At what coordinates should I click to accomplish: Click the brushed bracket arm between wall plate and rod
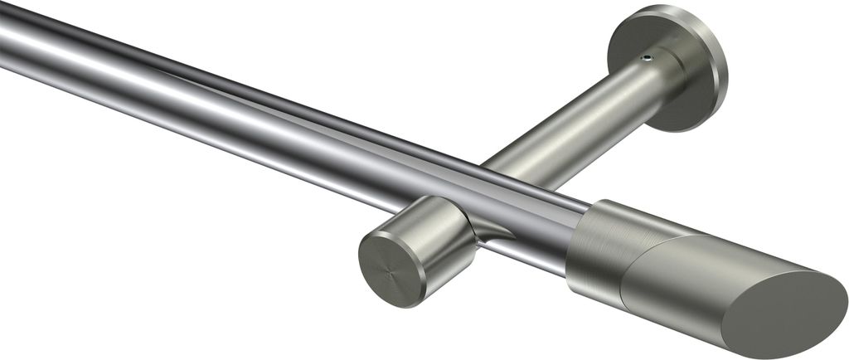(580, 124)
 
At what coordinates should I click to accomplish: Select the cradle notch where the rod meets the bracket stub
(489, 232)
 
